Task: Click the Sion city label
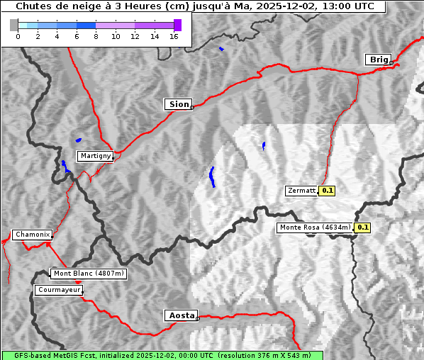pos(179,104)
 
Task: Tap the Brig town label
pos(378,60)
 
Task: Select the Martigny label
pos(94,156)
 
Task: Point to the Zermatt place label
pos(301,191)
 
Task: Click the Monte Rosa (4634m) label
pos(315,227)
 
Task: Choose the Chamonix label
pos(32,235)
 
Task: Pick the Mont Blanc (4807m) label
pos(89,274)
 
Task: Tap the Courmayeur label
pos(59,290)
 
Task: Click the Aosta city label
pos(180,315)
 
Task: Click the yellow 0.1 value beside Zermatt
pos(327,191)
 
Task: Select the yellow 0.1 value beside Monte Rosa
pos(362,227)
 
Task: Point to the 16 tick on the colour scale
pos(174,36)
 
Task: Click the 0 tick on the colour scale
pos(18,36)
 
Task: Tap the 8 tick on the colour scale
pos(96,36)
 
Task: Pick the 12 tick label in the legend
pos(135,36)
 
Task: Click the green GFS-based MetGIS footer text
pos(162,355)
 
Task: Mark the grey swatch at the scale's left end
pos(13,25)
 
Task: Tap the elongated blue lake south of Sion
pos(212,176)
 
